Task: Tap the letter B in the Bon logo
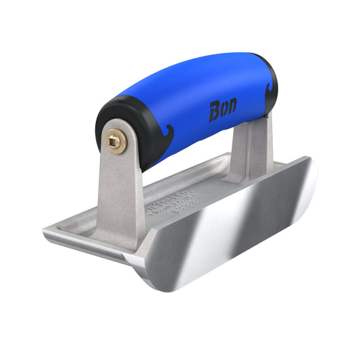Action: tap(214, 110)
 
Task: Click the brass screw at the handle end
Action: tap(116, 142)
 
